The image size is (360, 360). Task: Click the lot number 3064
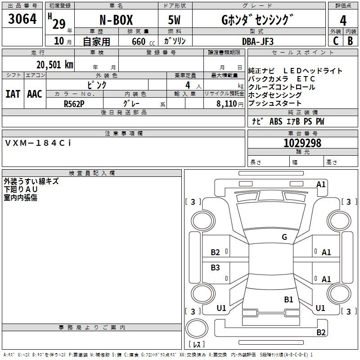(22, 19)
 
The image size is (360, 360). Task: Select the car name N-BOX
(116, 20)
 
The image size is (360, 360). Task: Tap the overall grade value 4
(343, 21)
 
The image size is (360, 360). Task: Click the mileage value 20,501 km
(54, 65)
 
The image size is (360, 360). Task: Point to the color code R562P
(74, 104)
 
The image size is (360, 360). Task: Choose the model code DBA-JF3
(257, 41)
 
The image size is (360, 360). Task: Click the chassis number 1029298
(302, 143)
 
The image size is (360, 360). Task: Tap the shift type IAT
(13, 94)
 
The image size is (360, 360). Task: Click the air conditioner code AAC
(35, 94)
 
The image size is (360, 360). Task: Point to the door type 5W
(174, 20)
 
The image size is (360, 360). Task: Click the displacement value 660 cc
(143, 42)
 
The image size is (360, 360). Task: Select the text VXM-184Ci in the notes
(38, 143)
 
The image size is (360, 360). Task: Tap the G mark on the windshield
(284, 237)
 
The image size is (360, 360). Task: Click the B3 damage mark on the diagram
(215, 267)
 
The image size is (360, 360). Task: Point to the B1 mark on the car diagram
(288, 299)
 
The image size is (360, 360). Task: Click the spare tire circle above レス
(197, 328)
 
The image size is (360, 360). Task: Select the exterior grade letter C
(336, 41)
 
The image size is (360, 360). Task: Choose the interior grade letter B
(350, 41)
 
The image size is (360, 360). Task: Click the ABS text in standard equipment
(276, 121)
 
